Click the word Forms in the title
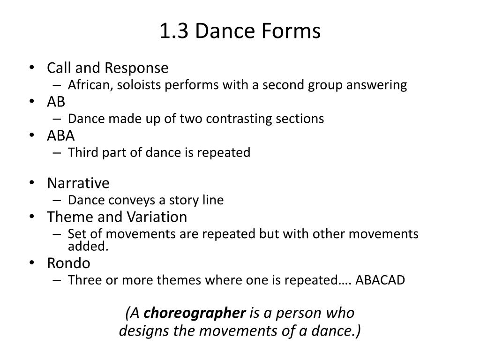[x=294, y=31]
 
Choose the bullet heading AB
[x=56, y=102]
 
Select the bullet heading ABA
[x=61, y=135]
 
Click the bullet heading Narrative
[x=78, y=183]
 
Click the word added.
[x=88, y=247]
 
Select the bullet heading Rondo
[x=68, y=263]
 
